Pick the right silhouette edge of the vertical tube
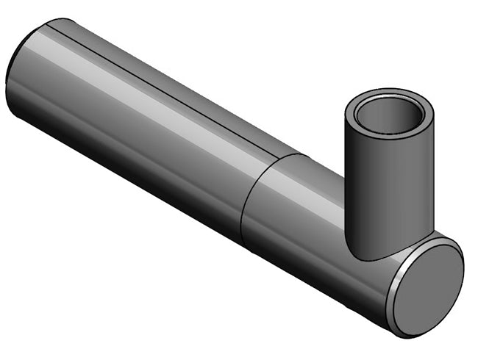433,176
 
